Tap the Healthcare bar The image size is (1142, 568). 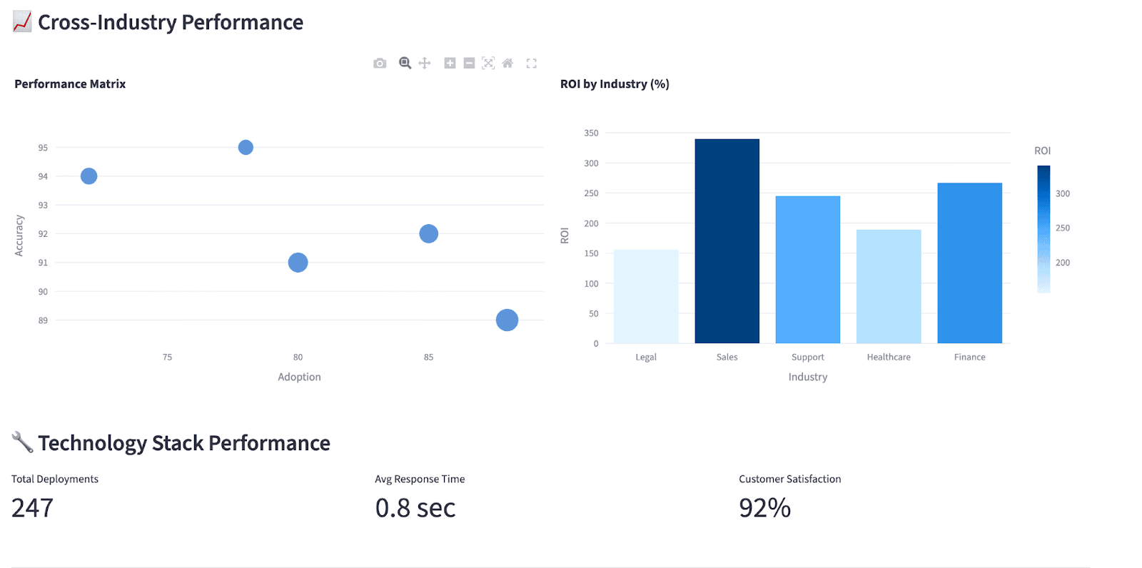[x=889, y=286]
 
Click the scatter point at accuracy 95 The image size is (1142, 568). [x=246, y=148]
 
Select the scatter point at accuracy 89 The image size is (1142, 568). [x=507, y=320]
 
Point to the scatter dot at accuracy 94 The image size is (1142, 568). [x=89, y=176]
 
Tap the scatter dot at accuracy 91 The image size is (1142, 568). [x=298, y=263]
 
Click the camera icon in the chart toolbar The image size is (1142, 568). [x=380, y=64]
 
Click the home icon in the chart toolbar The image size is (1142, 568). [x=507, y=64]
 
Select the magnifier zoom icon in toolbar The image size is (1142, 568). [x=405, y=64]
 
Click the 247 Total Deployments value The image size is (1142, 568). [x=32, y=508]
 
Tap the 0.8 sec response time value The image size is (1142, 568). [x=415, y=508]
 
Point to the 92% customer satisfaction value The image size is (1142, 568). [x=764, y=508]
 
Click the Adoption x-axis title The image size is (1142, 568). [x=299, y=377]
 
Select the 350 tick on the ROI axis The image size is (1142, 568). [x=591, y=133]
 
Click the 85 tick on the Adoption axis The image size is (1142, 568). [x=428, y=357]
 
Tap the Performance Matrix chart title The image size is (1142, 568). [x=70, y=84]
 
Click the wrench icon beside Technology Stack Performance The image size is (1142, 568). [x=22, y=442]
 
